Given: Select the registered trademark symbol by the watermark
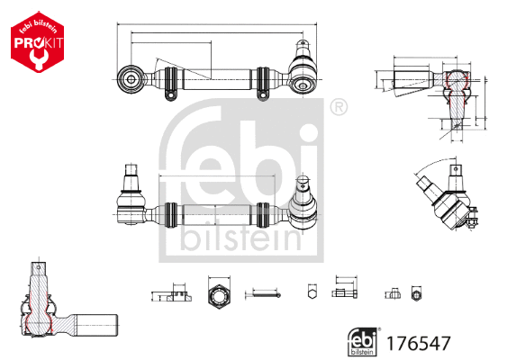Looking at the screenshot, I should pos(338,109).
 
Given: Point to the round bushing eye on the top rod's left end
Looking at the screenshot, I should pos(133,78).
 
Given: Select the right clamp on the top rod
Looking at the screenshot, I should pos(264,80).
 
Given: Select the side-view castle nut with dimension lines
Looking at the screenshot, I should pos(171,293).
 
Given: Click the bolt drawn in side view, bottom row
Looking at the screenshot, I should pos(345,292).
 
